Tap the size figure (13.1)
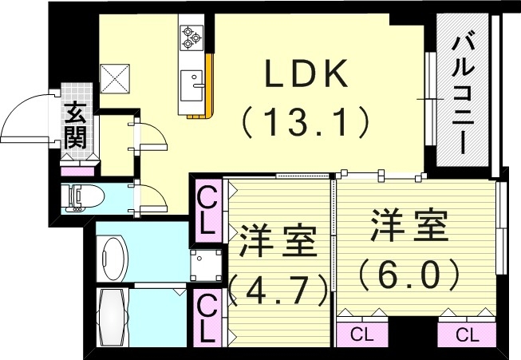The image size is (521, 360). (306, 121)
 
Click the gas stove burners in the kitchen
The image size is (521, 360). (192, 35)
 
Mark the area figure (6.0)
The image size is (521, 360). (408, 275)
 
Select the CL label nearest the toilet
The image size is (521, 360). (207, 209)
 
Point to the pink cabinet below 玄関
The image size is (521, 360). (78, 170)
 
